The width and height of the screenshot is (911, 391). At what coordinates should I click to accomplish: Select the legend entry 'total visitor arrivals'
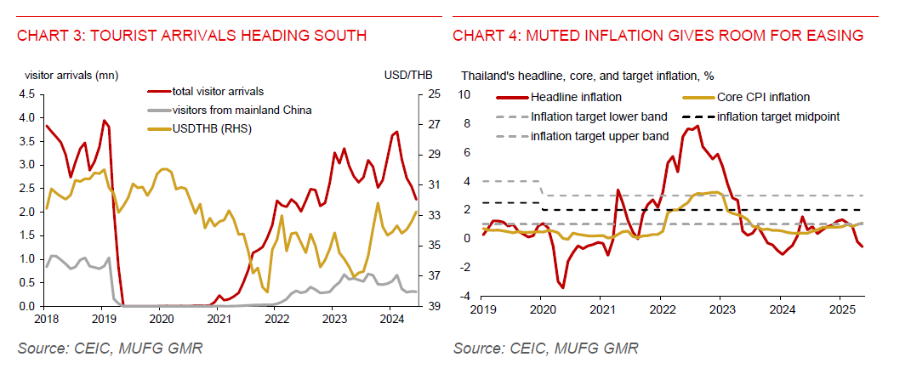(218, 91)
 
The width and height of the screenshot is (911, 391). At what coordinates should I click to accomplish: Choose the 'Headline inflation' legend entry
(576, 97)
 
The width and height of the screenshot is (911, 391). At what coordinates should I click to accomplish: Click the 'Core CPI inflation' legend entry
(763, 97)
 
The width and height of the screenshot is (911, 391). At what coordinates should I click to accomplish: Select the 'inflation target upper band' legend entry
(600, 135)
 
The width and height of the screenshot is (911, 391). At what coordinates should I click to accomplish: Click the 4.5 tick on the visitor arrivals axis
(27, 93)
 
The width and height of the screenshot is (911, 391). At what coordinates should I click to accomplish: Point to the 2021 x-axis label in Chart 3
(219, 319)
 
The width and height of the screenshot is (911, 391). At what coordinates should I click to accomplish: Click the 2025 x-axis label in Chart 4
(840, 309)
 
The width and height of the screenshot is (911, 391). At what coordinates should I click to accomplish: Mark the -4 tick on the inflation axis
(465, 296)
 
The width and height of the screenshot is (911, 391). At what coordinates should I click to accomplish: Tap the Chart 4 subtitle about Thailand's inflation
(581, 76)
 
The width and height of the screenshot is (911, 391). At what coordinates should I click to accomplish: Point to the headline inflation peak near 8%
(697, 126)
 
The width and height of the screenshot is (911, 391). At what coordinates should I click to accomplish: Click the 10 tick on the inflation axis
(464, 93)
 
